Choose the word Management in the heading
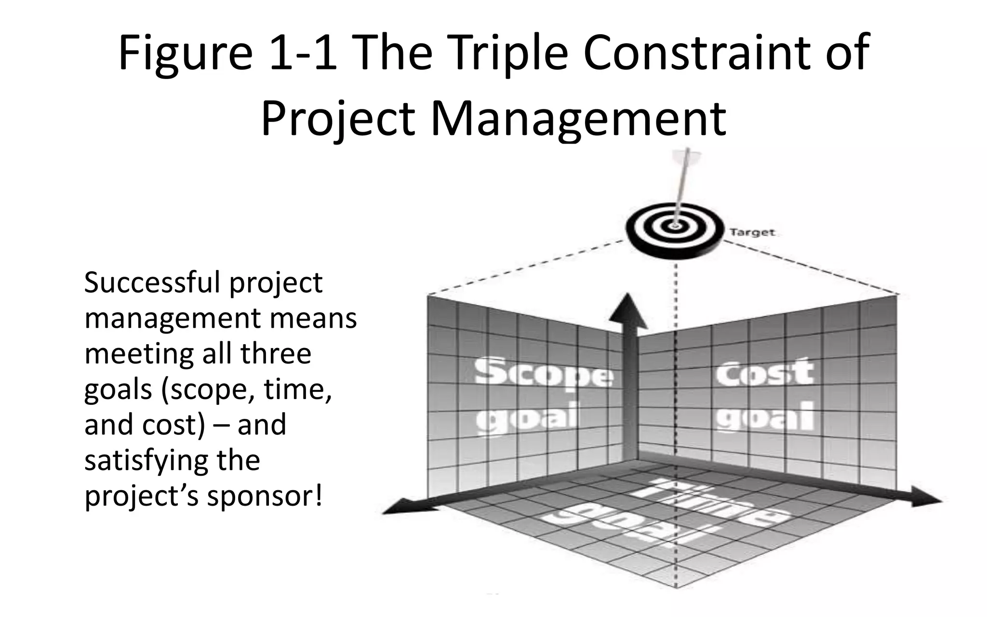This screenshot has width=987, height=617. (x=578, y=120)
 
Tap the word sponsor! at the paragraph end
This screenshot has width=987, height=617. (x=265, y=496)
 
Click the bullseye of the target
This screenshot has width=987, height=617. (x=675, y=226)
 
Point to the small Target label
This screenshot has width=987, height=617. (x=752, y=233)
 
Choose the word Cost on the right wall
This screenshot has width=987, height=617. (x=765, y=373)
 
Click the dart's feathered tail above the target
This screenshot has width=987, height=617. (x=688, y=157)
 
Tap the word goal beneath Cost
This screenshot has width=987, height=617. (x=765, y=416)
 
